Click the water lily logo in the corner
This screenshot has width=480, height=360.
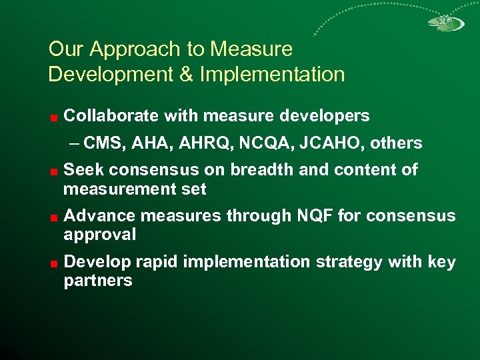point(446,23)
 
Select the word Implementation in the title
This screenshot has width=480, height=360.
point(272,75)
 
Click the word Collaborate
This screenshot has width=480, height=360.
point(111,116)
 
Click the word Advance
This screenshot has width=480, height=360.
point(94,216)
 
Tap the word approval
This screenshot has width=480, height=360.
point(100,235)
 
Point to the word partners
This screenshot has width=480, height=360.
point(98,281)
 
